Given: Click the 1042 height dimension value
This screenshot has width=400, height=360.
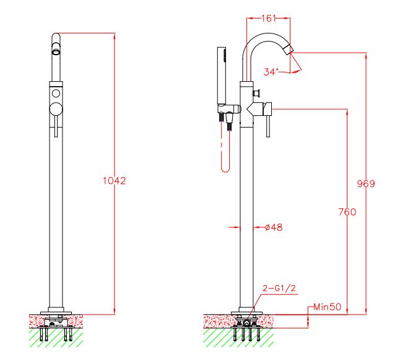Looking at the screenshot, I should click(114, 181).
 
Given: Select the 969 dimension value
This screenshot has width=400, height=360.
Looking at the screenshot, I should click(367, 184).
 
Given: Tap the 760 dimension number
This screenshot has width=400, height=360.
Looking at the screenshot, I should click(347, 213).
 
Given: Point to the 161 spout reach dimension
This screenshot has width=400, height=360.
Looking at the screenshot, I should click(268, 19).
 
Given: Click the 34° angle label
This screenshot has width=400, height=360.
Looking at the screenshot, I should click(271, 72).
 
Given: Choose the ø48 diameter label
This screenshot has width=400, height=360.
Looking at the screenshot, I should click(273, 227).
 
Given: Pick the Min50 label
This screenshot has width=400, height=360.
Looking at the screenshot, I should click(327, 307).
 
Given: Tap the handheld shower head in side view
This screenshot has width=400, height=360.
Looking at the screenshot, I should click(222, 74).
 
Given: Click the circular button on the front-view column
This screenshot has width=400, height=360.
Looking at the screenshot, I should click(56, 93).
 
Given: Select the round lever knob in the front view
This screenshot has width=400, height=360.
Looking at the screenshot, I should click(56, 110).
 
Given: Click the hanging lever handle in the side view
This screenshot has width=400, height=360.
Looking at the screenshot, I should click(268, 127).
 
